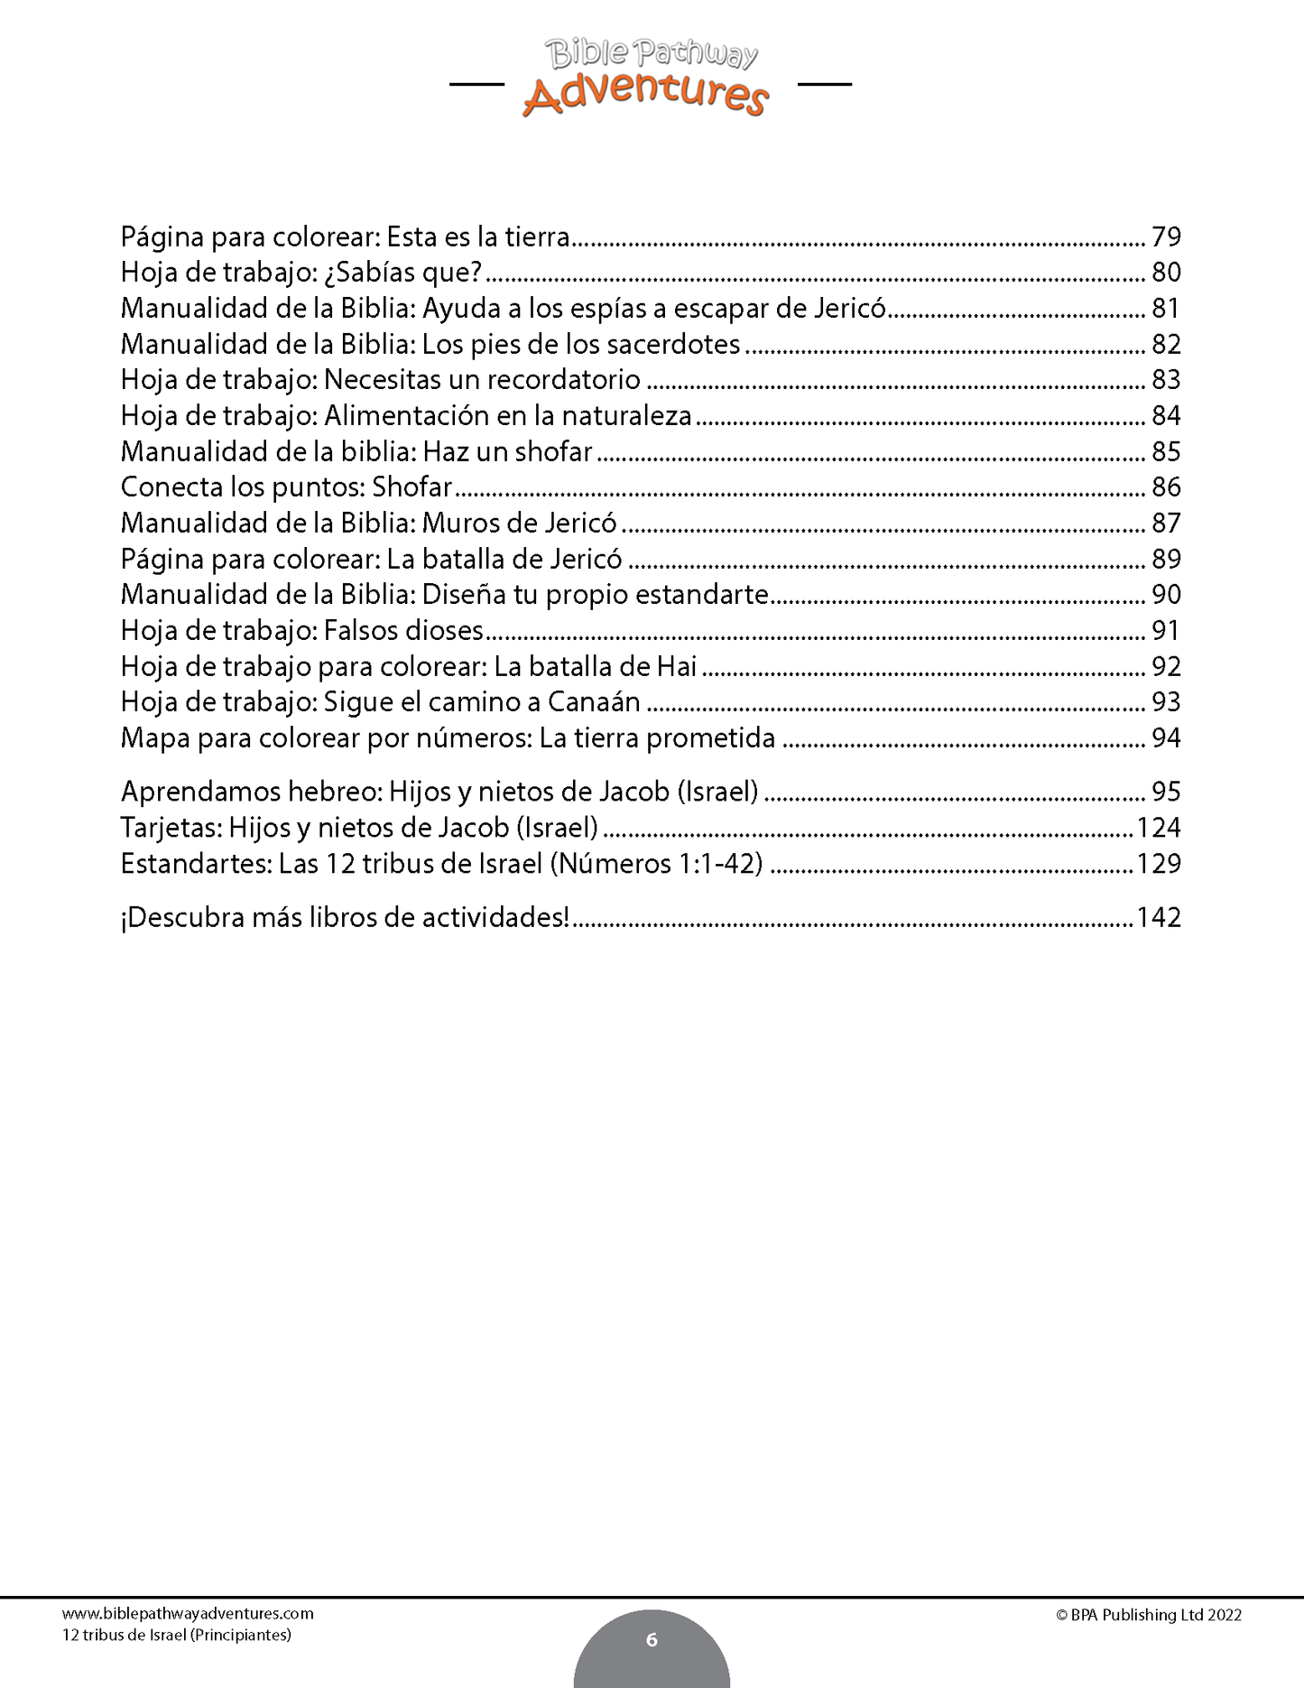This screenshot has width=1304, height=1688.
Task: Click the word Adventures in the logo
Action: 646,95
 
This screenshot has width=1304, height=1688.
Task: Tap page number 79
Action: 1166,237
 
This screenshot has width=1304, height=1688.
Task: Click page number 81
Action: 1166,309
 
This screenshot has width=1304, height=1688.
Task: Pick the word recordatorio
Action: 563,380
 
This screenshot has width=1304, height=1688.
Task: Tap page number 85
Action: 1166,451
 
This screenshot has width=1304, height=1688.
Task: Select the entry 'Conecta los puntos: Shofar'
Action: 286,487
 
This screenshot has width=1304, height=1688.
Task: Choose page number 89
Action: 1166,559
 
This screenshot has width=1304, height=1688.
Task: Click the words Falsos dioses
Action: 403,631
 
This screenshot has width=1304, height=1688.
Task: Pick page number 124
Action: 1159,828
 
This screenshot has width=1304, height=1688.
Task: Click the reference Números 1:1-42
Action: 656,864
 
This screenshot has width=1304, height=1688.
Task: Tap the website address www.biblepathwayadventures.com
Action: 188,1614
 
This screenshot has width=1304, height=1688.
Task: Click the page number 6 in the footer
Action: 652,1639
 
